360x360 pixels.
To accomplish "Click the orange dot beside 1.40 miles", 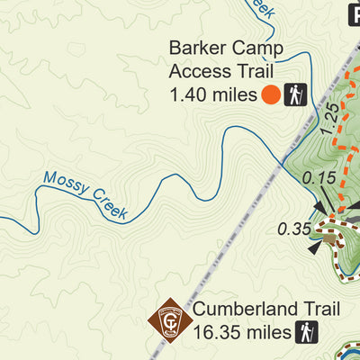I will pyautogui.click(x=270, y=94).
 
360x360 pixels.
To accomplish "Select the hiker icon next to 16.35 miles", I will pyautogui.click(x=306, y=334).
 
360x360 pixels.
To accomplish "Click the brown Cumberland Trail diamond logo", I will pyautogui.click(x=170, y=320).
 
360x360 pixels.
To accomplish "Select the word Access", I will pyautogui.click(x=197, y=70).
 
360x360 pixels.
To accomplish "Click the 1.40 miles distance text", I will pyautogui.click(x=212, y=94).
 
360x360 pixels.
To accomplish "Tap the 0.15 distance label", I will pyautogui.click(x=319, y=178).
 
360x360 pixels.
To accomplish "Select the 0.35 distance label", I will pyautogui.click(x=294, y=229).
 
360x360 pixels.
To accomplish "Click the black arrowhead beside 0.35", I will pyautogui.click(x=315, y=244).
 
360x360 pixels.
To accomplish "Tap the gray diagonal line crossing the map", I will pyautogui.click(x=243, y=216).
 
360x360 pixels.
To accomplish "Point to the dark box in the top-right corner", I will pyautogui.click(x=352, y=11).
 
